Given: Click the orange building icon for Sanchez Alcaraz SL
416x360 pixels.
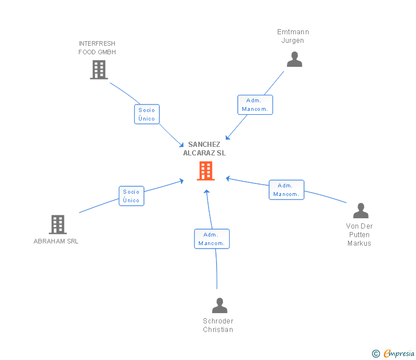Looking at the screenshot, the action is point(206,170).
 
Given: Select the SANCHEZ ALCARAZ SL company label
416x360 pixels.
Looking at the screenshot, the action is point(204,149).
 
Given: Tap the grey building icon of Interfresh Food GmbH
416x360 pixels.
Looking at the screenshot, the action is point(99,70).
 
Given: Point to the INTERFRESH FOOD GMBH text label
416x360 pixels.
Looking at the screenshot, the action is point(97,48).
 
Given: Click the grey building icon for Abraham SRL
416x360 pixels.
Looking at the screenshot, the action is point(58,225).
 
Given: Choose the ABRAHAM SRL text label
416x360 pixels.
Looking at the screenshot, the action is point(56,241).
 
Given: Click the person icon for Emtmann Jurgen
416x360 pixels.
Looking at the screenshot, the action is point(294,59).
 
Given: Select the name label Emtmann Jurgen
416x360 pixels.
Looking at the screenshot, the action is point(293,36).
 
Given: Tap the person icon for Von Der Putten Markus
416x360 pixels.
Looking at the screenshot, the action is point(361,211).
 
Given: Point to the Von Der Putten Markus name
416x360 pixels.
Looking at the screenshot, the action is point(359,235).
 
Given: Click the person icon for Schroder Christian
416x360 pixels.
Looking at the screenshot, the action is point(219,306).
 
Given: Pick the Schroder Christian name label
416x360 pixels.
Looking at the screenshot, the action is point(218,325).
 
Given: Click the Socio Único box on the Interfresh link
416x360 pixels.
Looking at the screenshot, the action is point(147,114).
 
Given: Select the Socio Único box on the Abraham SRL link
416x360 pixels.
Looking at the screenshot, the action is point(131,196).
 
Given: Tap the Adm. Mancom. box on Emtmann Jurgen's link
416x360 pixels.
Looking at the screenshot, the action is point(255,105).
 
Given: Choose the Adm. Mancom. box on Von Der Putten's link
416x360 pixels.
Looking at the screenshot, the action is point(286,190).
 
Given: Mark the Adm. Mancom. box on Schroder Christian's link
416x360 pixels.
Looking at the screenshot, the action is point(212,239).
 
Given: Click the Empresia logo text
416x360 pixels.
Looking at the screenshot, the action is point(399,354).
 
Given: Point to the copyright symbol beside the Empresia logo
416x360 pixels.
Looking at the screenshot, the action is point(376,354).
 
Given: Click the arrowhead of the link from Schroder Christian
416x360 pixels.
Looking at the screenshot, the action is point(207,191).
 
